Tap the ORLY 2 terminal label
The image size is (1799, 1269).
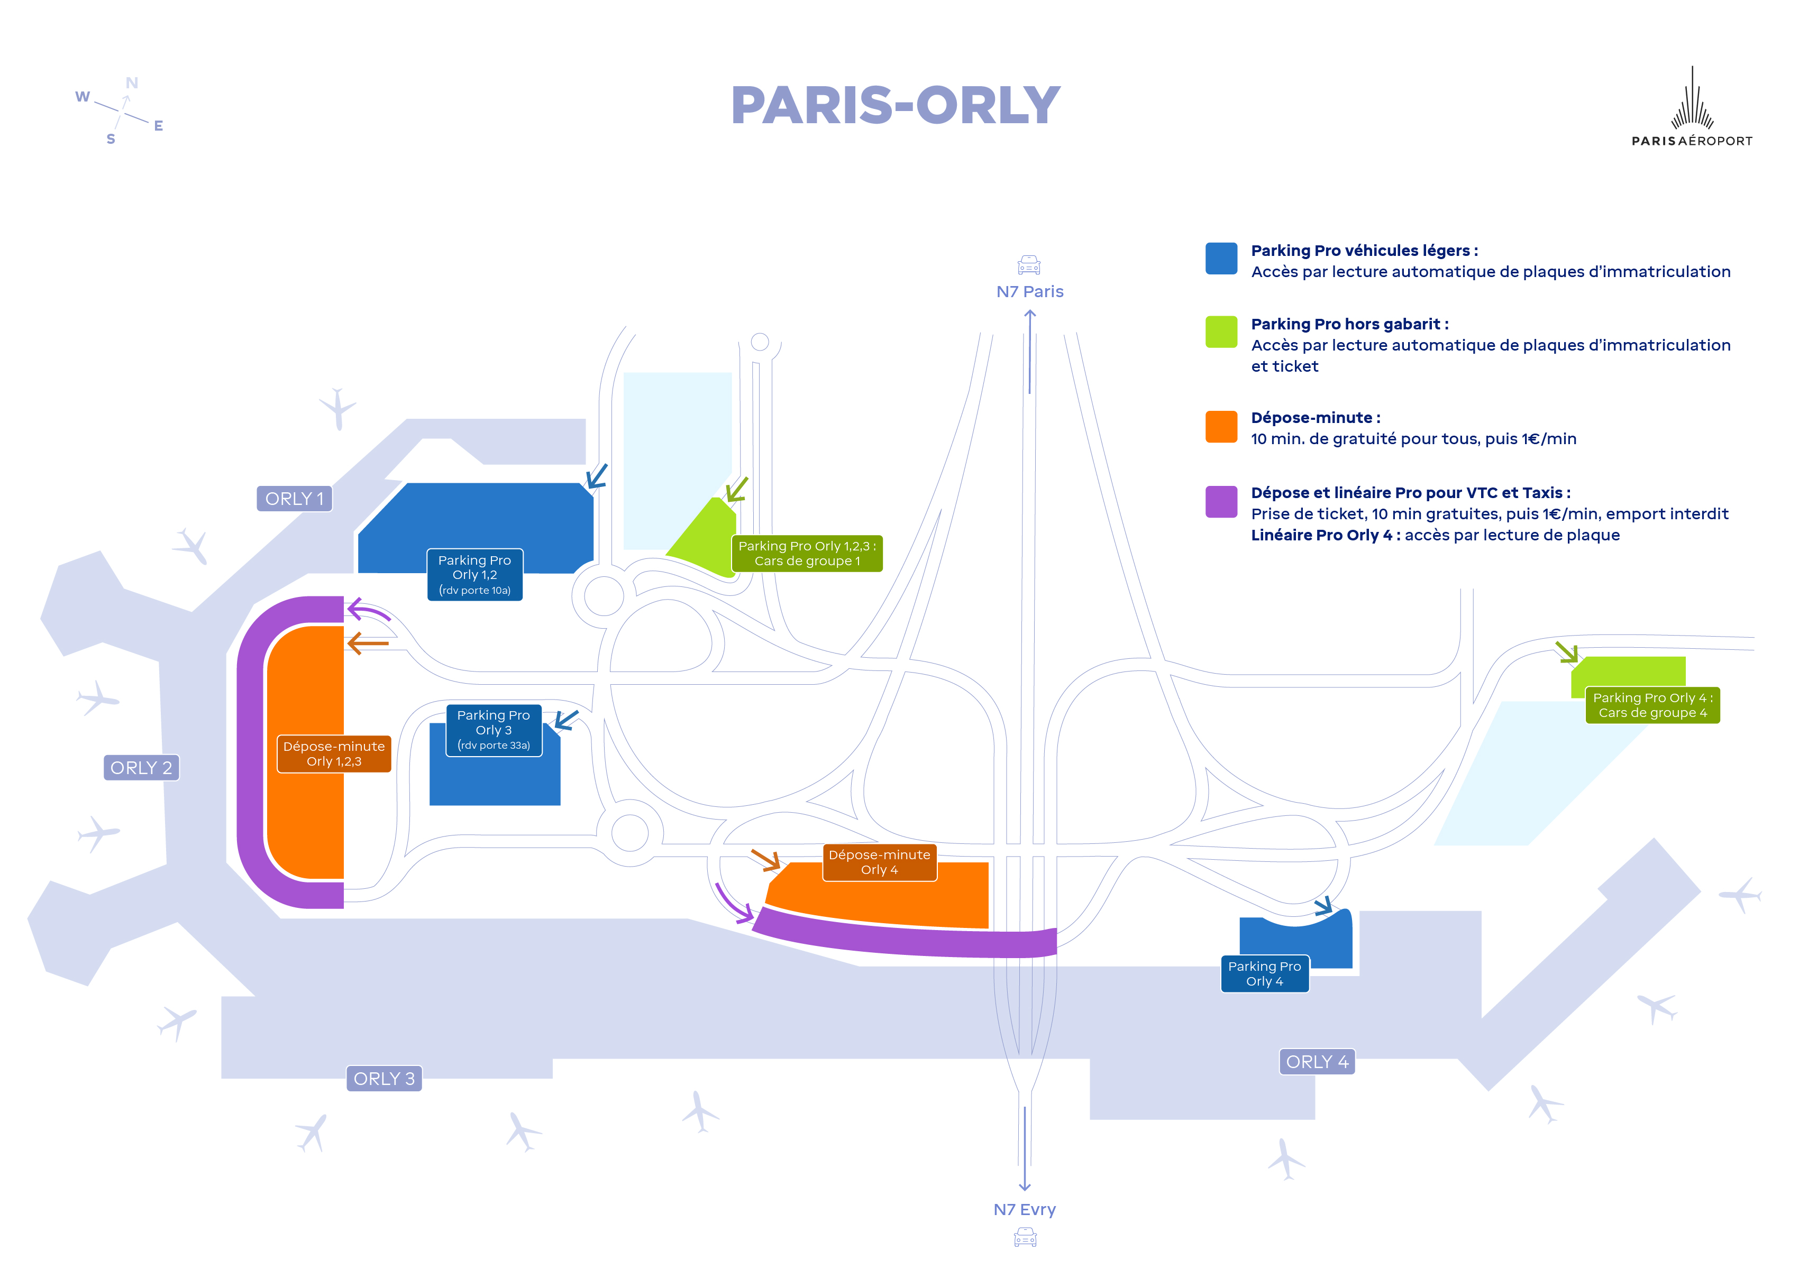pos(141,768)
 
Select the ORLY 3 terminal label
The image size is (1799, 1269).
pos(384,1079)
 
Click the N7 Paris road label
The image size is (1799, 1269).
pos(1029,291)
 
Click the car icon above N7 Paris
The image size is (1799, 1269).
pos(1029,265)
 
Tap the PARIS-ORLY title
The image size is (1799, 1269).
pos(895,105)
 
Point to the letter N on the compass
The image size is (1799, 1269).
pos(132,83)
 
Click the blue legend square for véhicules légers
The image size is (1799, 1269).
pos(1221,259)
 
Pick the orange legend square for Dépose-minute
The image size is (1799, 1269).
pos(1221,427)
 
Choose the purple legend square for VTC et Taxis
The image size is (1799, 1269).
pos(1221,502)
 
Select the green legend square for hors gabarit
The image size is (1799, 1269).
pos(1221,332)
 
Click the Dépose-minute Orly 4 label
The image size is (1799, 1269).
pos(879,862)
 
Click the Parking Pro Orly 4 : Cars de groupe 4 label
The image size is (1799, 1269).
pos(1652,705)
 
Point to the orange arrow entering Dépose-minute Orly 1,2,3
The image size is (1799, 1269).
pos(368,644)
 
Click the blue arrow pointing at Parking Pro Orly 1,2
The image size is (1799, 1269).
pos(597,475)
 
